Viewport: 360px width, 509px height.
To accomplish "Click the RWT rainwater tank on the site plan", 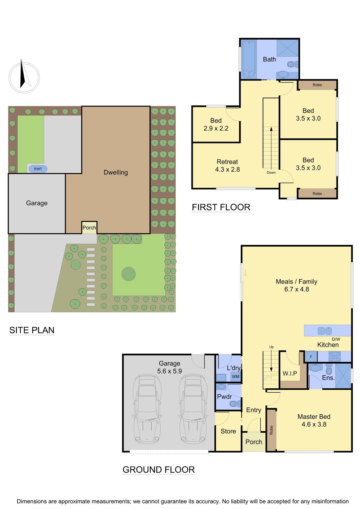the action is pyautogui.click(x=38, y=169).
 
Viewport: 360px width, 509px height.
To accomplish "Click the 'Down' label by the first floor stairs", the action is pyautogui.click(x=271, y=173).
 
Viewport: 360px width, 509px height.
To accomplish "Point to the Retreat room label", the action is pyautogui.click(x=227, y=162).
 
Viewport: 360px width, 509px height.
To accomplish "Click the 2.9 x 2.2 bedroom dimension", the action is pyautogui.click(x=216, y=128).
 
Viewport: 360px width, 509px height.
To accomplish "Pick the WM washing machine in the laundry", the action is pyautogui.click(x=235, y=376).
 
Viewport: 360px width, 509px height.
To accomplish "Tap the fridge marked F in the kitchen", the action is pyautogui.click(x=311, y=357).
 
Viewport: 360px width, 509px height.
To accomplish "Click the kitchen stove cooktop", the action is pyautogui.click(x=334, y=357).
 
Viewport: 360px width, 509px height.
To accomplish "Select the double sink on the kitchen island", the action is pyautogui.click(x=325, y=331).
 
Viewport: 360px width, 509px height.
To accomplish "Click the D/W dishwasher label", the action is pyautogui.click(x=336, y=339).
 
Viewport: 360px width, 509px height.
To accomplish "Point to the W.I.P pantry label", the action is pyautogui.click(x=289, y=373).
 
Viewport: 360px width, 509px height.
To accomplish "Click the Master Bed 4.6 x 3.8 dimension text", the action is pyautogui.click(x=314, y=424).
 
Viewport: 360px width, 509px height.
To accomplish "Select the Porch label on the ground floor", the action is pyautogui.click(x=254, y=442).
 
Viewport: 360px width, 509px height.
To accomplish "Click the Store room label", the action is pyautogui.click(x=228, y=431).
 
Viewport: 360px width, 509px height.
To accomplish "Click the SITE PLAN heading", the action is pyautogui.click(x=32, y=330).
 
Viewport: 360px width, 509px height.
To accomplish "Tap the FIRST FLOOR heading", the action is pyautogui.click(x=221, y=207).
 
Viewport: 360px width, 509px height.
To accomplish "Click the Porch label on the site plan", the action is pyautogui.click(x=89, y=227).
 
